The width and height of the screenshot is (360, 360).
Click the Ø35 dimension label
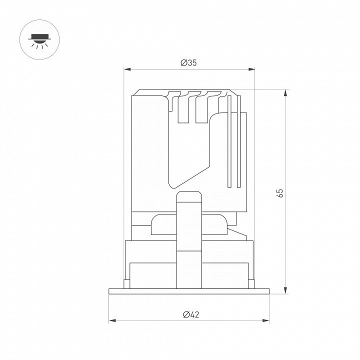188,62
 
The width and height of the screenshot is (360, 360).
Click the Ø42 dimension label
191,314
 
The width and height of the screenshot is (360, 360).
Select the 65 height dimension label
280,193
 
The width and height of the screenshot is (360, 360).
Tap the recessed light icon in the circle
39,41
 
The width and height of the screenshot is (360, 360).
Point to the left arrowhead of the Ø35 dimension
127,69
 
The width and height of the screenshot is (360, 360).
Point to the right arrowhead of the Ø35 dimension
251,69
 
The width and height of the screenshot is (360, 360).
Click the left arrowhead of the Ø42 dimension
112,320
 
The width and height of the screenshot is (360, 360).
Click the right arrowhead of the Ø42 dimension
266,320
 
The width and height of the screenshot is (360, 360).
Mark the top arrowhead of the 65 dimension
285,93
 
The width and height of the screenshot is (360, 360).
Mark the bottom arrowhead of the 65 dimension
285,290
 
